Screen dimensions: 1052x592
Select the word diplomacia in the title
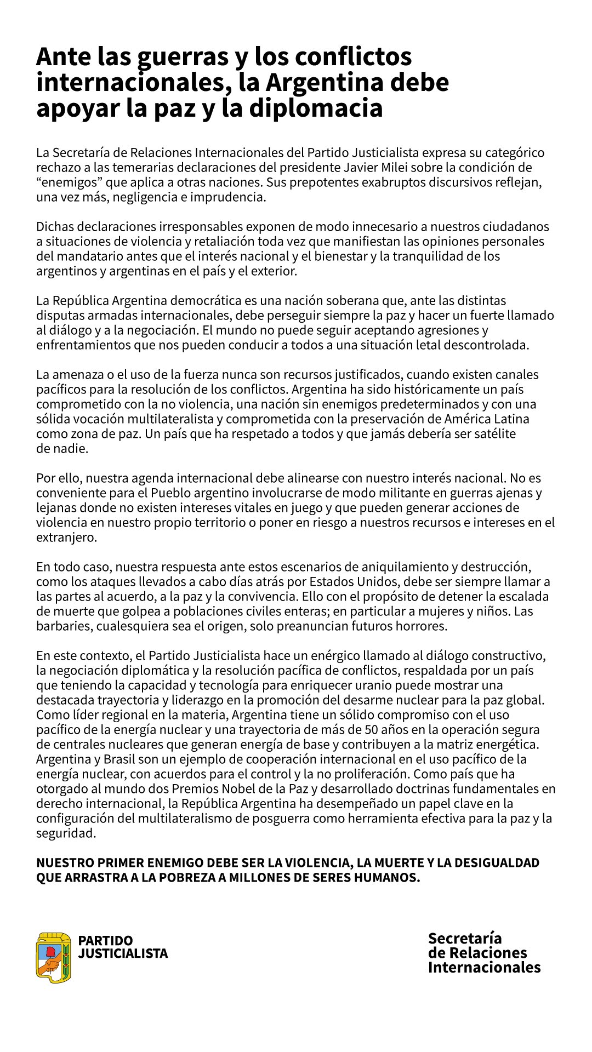(x=316, y=107)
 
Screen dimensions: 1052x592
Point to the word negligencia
(x=146, y=197)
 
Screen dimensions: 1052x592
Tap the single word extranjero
(x=66, y=537)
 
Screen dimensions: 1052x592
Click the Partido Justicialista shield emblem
(x=53, y=957)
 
